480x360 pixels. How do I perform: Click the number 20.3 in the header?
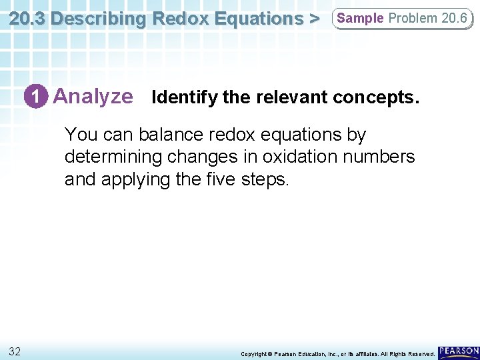pos(28,18)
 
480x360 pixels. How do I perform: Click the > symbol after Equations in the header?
pos(313,18)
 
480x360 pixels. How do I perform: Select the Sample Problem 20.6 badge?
pos(402,18)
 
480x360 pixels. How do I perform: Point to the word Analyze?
pos(93,97)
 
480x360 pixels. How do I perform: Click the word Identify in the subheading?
pos(185,98)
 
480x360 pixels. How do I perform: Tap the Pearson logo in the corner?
pos(459,351)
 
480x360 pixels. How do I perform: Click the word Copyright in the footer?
pos(255,353)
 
